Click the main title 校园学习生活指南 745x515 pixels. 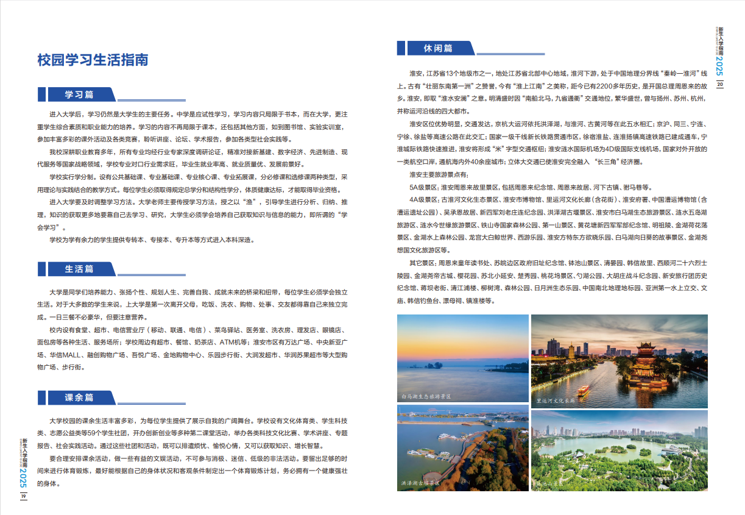point(93,60)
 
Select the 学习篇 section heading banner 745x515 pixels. point(79,94)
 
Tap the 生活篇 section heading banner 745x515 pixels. point(79,269)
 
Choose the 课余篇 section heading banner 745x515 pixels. point(79,397)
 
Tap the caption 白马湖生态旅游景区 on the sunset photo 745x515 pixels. point(426,396)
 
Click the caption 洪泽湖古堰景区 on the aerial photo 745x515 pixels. point(420,483)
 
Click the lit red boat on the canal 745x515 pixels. point(583,389)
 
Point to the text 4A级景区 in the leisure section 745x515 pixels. point(423,199)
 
